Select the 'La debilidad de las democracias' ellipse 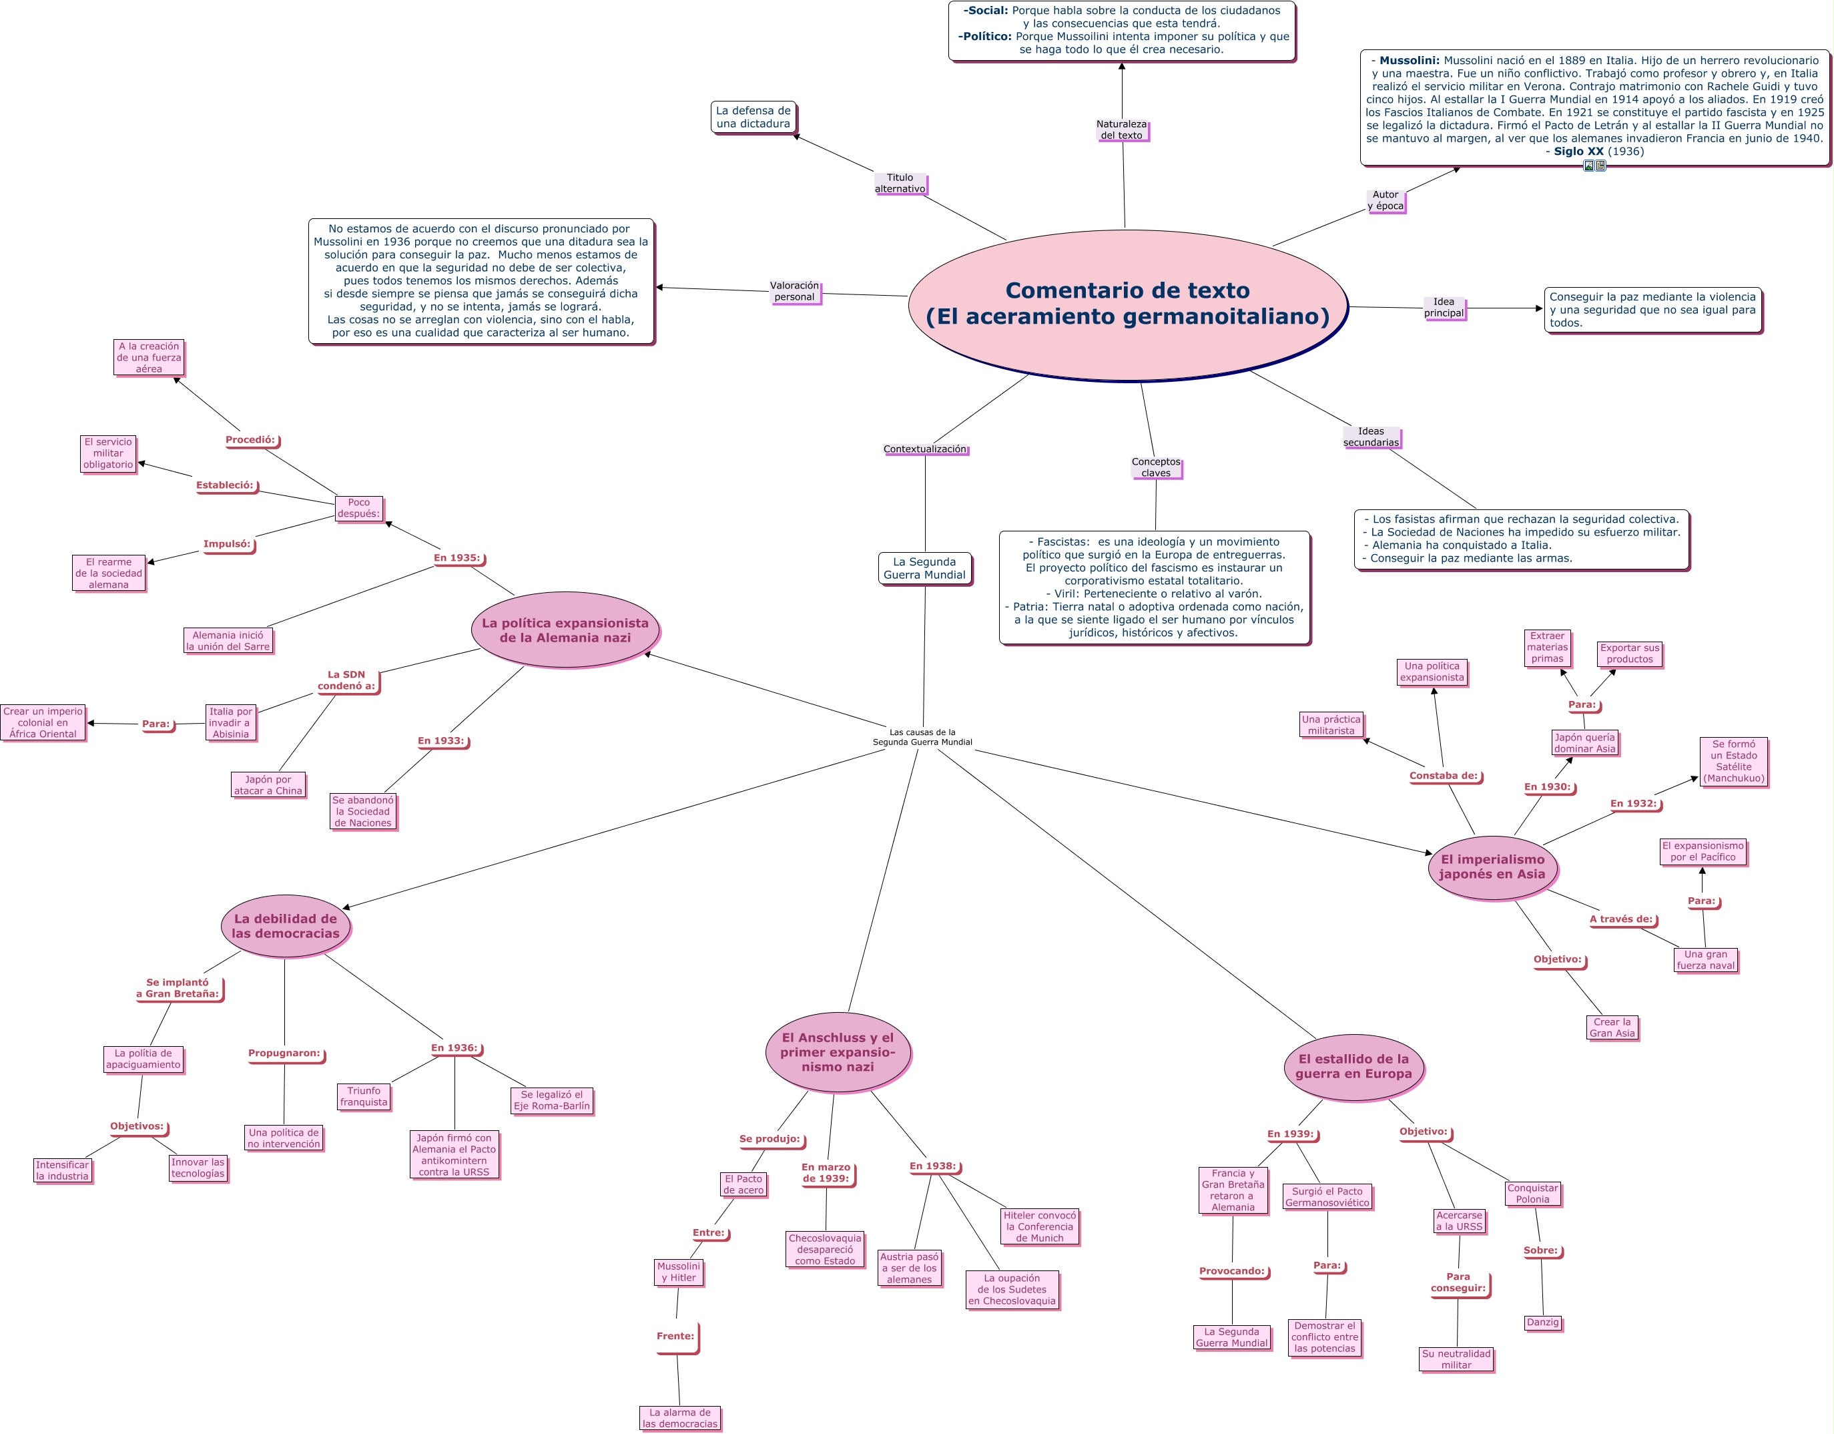click(286, 926)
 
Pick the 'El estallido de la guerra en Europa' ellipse click(1353, 1066)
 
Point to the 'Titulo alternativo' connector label click(900, 183)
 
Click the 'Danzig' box click(1542, 1323)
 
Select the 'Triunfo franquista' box click(364, 1096)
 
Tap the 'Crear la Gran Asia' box click(1612, 1027)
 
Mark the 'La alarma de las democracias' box click(679, 1418)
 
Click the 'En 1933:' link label click(442, 741)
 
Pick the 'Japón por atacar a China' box click(268, 784)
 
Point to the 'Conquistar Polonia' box click(1532, 1194)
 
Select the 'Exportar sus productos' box click(1629, 654)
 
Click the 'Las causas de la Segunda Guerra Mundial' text click(922, 737)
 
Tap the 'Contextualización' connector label click(924, 449)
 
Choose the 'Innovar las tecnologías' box click(198, 1168)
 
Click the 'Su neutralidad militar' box click(1456, 1359)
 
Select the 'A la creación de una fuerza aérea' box click(149, 357)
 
